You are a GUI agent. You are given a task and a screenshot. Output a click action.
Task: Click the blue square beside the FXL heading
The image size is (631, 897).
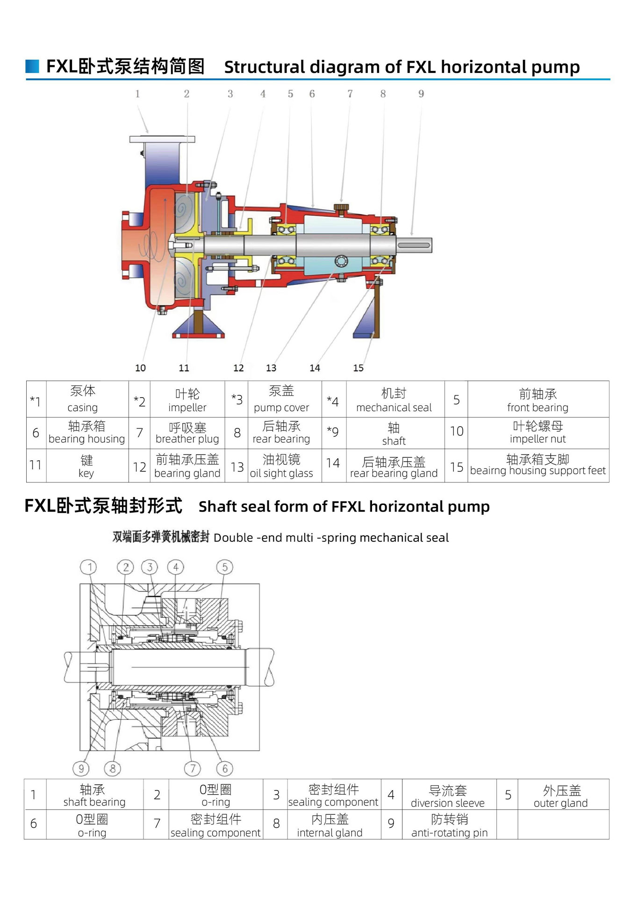pyautogui.click(x=32, y=66)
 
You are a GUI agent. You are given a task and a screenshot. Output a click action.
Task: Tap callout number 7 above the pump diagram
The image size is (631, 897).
pyautogui.click(x=350, y=94)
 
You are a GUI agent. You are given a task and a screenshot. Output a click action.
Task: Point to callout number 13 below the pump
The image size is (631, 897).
pyautogui.click(x=271, y=368)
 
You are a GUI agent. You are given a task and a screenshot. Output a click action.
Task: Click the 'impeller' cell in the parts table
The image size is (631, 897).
pyautogui.click(x=187, y=400)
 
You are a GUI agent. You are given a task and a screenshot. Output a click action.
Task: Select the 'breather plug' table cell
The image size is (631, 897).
pyautogui.click(x=187, y=433)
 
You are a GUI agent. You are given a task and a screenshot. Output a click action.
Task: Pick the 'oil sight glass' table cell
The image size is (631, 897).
pyautogui.click(x=281, y=466)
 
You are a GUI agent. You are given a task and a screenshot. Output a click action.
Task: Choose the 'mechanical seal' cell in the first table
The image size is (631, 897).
pyautogui.click(x=394, y=400)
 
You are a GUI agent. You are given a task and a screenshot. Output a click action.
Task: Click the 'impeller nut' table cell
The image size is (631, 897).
pyautogui.click(x=538, y=433)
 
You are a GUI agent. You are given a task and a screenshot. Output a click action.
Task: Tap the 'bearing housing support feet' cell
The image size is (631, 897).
pyautogui.click(x=538, y=466)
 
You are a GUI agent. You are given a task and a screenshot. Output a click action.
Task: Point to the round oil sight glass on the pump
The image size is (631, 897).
pyautogui.click(x=341, y=261)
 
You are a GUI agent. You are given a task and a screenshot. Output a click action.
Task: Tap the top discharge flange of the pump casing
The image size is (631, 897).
pyautogui.click(x=162, y=139)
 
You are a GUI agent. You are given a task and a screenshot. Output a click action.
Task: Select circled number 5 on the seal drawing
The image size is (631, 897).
pyautogui.click(x=224, y=567)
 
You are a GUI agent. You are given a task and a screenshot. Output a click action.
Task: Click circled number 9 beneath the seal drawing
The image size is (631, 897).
pyautogui.click(x=81, y=769)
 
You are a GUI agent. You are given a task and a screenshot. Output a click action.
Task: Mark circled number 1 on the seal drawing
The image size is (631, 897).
pyautogui.click(x=89, y=567)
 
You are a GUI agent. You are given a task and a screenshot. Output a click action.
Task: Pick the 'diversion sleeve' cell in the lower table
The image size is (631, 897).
pyautogui.click(x=448, y=796)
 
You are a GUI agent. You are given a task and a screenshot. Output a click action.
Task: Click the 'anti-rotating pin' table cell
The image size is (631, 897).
pyautogui.click(x=449, y=826)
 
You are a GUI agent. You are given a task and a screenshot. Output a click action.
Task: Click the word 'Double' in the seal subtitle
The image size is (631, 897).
pyautogui.click(x=233, y=538)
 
